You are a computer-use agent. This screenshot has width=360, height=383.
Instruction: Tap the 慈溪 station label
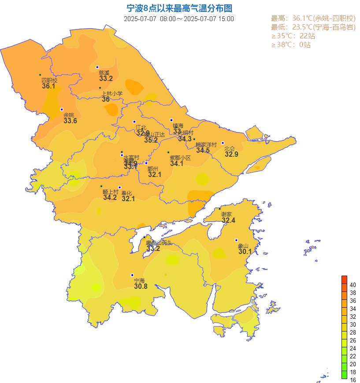point(104,73)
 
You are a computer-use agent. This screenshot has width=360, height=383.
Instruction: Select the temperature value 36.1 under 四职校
point(48,86)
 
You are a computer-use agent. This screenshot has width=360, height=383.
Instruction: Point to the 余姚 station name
point(69,115)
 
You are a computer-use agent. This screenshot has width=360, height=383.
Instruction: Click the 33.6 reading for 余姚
point(70,121)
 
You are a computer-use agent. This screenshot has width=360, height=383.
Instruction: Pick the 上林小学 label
point(112,93)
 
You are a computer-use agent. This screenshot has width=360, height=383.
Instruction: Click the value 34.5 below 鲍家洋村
point(203,151)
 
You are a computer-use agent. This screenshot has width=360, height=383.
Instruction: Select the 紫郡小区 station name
point(180,158)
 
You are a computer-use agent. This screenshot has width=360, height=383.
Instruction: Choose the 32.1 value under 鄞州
point(155,175)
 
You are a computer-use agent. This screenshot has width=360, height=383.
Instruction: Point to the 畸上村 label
point(111,192)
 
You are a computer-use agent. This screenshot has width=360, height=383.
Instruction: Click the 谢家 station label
point(226,214)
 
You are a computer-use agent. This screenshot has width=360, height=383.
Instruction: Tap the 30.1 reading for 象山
point(245,252)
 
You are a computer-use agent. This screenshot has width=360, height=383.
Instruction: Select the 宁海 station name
point(139,280)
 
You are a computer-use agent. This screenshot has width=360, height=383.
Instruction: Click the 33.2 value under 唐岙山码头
point(153,249)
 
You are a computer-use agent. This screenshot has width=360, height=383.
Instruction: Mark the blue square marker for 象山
point(236,240)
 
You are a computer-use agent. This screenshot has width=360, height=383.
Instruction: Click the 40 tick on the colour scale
point(353,285)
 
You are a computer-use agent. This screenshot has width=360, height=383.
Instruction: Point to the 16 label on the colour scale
point(353,380)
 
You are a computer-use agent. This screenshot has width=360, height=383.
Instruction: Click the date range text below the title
point(179,19)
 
